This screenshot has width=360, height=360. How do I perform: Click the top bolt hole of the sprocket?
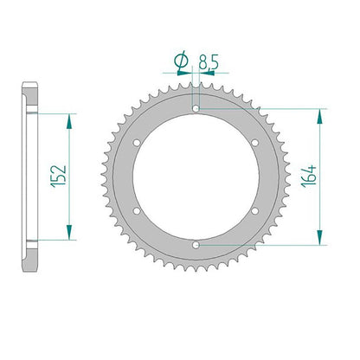click(196, 109)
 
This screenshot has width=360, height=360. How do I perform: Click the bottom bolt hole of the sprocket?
click(196, 245)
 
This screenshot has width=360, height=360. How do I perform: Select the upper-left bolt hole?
click(137, 143)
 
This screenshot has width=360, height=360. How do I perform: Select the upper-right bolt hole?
click(255, 143)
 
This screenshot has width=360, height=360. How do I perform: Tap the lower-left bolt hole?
click(137, 211)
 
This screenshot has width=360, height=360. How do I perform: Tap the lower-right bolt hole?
click(255, 211)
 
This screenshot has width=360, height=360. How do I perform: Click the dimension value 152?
click(59, 177)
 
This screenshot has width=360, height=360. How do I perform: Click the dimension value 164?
click(309, 177)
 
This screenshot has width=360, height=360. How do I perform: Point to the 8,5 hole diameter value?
click(209, 61)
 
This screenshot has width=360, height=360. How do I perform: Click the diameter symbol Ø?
click(182, 61)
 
